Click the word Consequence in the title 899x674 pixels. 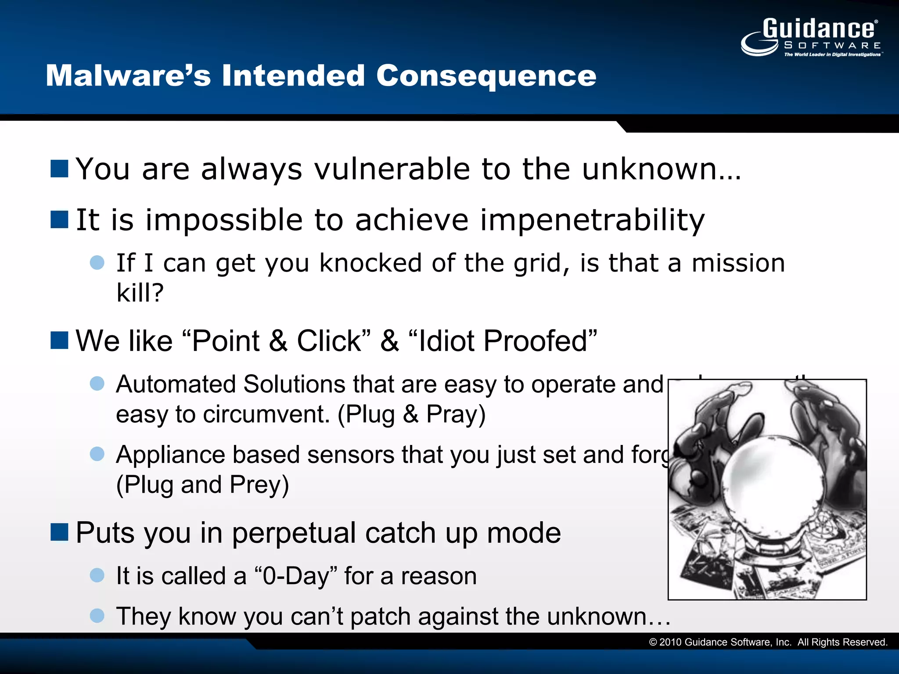click(486, 75)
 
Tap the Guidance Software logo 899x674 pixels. click(811, 38)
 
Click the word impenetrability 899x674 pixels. click(592, 220)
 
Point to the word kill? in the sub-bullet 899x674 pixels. click(140, 293)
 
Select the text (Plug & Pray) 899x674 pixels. click(411, 414)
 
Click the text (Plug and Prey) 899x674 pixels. click(202, 484)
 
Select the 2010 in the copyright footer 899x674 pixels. click(670, 642)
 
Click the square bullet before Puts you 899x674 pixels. click(59, 532)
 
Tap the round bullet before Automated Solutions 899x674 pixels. click(97, 383)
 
